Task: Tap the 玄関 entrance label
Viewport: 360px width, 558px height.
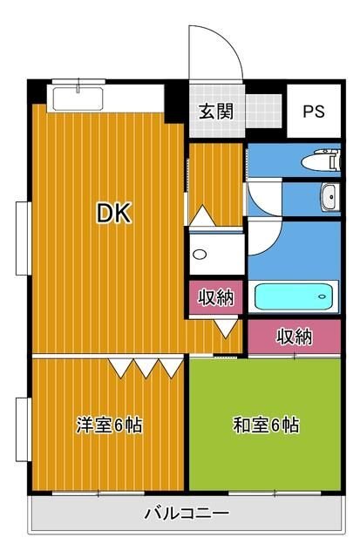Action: (214, 112)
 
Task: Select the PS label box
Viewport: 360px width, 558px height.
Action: (313, 112)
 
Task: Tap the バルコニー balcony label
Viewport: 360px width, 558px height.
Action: (187, 514)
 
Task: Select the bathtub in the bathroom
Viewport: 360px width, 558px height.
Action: (295, 297)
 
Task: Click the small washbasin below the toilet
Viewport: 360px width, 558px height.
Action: (329, 198)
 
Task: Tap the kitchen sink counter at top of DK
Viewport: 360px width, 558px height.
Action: (78, 97)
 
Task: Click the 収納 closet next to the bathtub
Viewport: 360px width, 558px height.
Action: (215, 297)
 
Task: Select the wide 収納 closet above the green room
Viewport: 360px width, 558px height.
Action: (295, 337)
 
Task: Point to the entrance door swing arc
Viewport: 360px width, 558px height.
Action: (218, 52)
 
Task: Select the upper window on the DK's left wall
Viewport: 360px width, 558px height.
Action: (21, 237)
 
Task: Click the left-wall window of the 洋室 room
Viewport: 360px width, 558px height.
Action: (21, 429)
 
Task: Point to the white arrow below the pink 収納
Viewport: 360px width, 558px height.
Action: (224, 329)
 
